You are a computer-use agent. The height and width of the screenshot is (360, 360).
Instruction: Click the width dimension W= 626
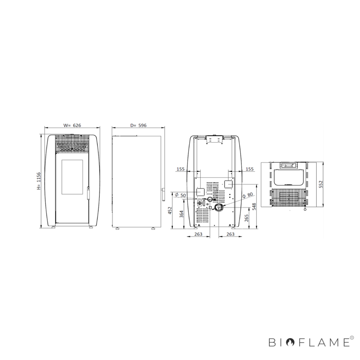point(72,125)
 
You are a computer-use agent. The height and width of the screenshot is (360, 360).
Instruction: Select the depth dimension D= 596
point(138,125)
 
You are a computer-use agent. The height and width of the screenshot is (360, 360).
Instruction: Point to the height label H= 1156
point(39,181)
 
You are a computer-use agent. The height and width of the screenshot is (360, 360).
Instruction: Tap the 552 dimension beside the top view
point(321,184)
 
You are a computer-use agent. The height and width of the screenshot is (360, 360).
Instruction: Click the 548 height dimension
point(254,207)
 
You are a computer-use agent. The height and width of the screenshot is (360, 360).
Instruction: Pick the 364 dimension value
point(181,214)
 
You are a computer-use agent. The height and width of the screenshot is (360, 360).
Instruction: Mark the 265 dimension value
point(247,218)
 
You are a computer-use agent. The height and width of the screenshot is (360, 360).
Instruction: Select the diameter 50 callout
point(181,195)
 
